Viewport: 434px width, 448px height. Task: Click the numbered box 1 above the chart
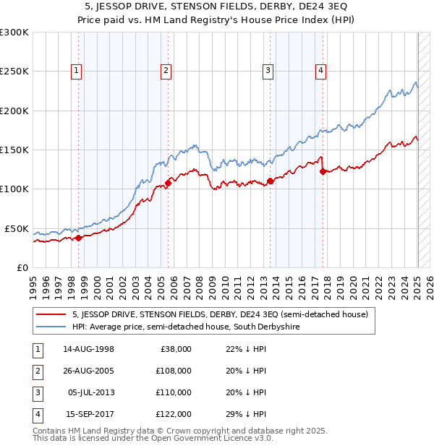pyautogui.click(x=76, y=70)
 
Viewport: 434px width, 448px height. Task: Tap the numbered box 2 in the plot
pyautogui.click(x=166, y=70)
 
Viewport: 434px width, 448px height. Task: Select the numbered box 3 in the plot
pyautogui.click(x=268, y=70)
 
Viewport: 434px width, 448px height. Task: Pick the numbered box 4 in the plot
pyautogui.click(x=320, y=70)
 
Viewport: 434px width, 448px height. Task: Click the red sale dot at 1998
pyautogui.click(x=78, y=238)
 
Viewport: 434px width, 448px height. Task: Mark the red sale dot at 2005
pyautogui.click(x=168, y=183)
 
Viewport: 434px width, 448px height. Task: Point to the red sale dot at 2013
pyautogui.click(x=269, y=181)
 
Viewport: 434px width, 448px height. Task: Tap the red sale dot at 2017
pyautogui.click(x=323, y=171)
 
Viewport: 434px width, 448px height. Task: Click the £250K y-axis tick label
pyautogui.click(x=14, y=72)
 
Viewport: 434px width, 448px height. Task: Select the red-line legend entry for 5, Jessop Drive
pyautogui.click(x=221, y=314)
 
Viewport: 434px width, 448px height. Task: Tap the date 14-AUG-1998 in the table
pyautogui.click(x=88, y=349)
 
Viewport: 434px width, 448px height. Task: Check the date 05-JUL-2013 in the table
pyautogui.click(x=90, y=392)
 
